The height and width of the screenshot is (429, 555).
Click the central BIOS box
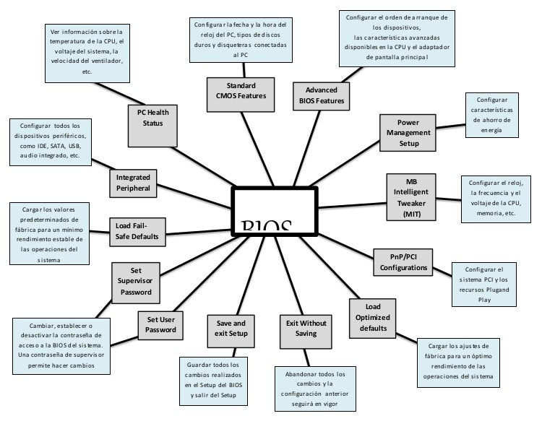click(274, 211)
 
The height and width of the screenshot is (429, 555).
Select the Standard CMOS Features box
click(236, 90)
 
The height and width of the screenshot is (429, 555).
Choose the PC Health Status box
click(152, 117)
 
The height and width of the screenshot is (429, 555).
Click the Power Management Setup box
click(408, 133)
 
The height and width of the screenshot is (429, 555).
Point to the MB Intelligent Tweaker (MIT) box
click(411, 197)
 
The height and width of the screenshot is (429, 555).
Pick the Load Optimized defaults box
click(373, 317)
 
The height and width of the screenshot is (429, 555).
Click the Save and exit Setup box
click(231, 329)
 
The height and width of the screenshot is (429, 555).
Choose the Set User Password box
click(160, 324)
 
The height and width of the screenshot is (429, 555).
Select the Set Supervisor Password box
click(136, 282)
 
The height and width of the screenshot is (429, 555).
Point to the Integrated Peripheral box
click(133, 183)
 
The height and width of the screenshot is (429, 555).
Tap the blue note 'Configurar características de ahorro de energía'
click(492, 115)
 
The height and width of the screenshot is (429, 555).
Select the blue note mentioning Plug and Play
click(484, 284)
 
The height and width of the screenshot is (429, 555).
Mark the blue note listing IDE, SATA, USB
click(50, 140)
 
